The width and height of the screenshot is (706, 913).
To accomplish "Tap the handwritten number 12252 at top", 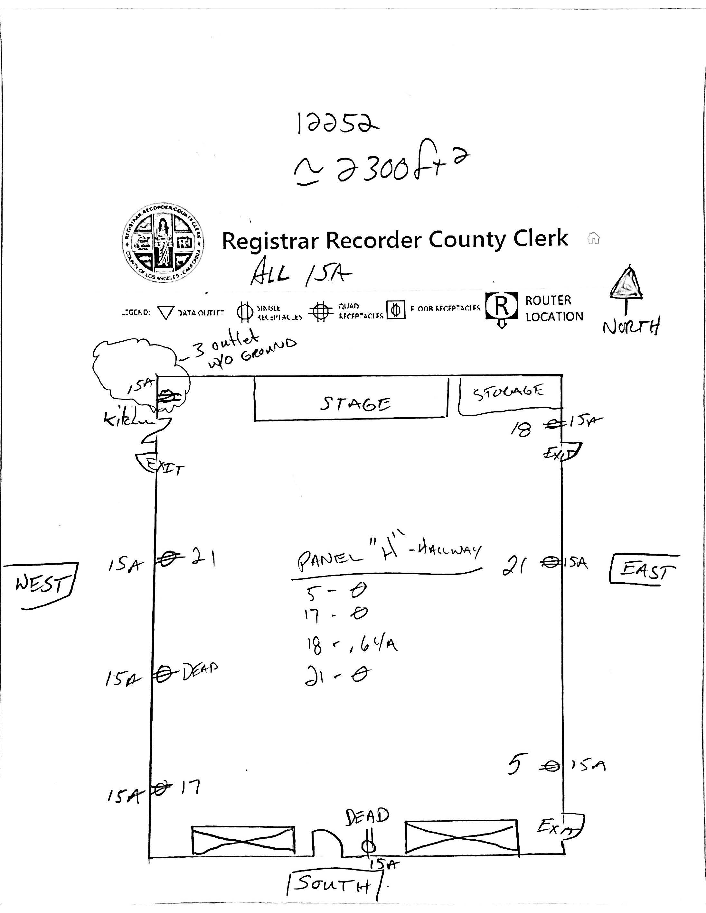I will coord(337,123).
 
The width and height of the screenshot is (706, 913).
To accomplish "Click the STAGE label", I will coord(355,403).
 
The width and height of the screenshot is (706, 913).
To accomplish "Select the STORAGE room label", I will coord(508,392).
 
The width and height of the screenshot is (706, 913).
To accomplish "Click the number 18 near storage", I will coord(521,429).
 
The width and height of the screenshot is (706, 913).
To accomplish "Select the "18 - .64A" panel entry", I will coord(351,644).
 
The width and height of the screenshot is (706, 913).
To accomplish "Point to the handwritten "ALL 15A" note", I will coord(300,273).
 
